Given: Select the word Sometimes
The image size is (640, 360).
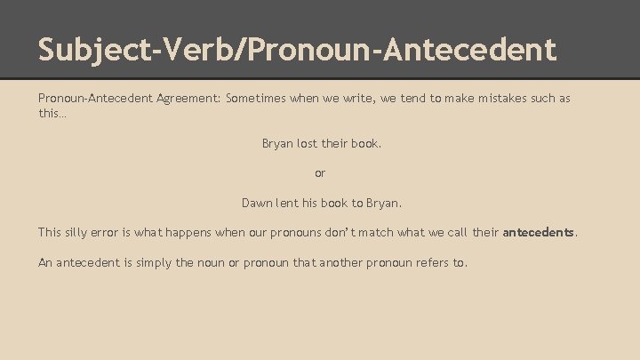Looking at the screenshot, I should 256,99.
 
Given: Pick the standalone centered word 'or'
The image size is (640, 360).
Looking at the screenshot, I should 321,172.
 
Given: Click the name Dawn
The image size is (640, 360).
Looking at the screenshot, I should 258,203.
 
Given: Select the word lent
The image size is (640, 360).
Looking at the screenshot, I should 289,203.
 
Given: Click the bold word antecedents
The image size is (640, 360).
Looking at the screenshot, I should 539,233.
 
